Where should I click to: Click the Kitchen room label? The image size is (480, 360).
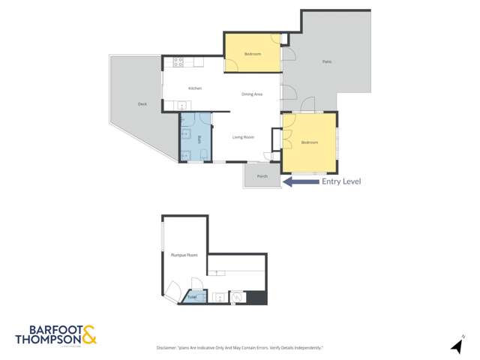(x=195, y=88)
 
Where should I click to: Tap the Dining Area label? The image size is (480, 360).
(x=251, y=94)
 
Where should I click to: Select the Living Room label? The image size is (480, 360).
(x=243, y=136)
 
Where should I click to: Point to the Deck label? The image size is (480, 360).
(x=142, y=104)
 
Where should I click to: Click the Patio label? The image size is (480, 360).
(x=327, y=61)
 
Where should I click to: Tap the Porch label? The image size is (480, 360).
(x=262, y=176)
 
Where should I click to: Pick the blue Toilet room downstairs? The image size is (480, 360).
(x=192, y=298)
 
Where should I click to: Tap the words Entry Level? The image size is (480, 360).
(x=341, y=181)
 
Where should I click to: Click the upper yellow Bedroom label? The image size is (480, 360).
(x=253, y=54)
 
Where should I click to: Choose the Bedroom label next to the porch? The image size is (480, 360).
(x=310, y=142)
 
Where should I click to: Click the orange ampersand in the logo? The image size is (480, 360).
(x=89, y=335)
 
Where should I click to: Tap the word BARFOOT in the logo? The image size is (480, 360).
(x=49, y=329)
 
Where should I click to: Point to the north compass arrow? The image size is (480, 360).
(x=455, y=346)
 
